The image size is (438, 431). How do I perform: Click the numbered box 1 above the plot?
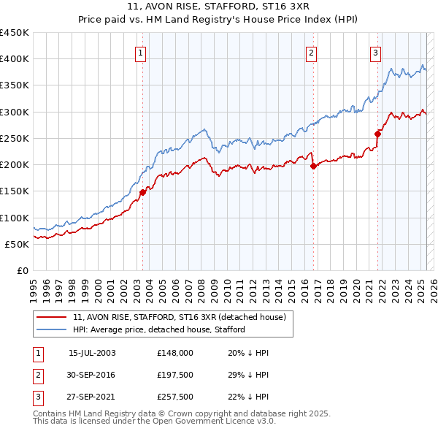pyautogui.click(x=139, y=52)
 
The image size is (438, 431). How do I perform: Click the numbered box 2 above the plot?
pyautogui.click(x=311, y=52)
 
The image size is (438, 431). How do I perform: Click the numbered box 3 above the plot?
pyautogui.click(x=375, y=52)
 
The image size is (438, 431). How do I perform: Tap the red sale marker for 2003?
pyautogui.click(x=143, y=192)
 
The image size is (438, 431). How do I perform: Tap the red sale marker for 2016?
pyautogui.click(x=313, y=166)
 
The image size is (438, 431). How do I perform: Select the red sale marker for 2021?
pyautogui.click(x=378, y=134)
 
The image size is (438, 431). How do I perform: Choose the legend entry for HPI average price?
pyautogui.click(x=158, y=329)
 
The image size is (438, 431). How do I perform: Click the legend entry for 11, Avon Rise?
pyautogui.click(x=182, y=317)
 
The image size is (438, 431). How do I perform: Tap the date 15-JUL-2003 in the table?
pyautogui.click(x=92, y=352)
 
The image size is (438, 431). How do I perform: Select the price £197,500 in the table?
pyautogui.click(x=174, y=374)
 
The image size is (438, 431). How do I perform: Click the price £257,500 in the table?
pyautogui.click(x=174, y=396)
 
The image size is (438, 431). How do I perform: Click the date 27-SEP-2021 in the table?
pyautogui.click(x=92, y=396)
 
